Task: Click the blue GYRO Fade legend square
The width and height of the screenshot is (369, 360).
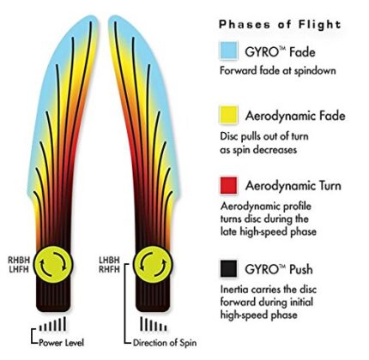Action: [228, 51]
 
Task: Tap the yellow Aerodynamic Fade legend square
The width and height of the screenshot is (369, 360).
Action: [228, 115]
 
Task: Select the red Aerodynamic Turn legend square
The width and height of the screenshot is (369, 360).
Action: [228, 185]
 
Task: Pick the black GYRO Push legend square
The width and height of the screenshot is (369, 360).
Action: [228, 268]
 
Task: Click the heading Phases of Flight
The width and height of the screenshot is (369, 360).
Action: [280, 25]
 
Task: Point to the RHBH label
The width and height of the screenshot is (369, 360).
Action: [19, 261]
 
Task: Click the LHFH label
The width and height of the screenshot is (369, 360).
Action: [19, 269]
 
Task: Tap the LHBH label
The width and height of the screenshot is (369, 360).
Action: [110, 261]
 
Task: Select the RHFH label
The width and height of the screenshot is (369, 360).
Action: [110, 269]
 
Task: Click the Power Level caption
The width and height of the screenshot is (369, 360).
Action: [61, 343]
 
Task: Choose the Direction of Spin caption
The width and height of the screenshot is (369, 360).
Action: [165, 343]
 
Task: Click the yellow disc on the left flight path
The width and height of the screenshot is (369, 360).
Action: [53, 265]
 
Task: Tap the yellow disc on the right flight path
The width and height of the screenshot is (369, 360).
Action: [153, 265]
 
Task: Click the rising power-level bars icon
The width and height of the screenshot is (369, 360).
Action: [52, 324]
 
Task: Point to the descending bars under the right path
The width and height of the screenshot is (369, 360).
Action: [154, 324]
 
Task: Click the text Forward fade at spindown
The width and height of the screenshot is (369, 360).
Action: [278, 70]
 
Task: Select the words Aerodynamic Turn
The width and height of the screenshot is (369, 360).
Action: [293, 186]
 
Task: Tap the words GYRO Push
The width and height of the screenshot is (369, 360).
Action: [279, 269]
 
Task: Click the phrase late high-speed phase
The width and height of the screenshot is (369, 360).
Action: [269, 231]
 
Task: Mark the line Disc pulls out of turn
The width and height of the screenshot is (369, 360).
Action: [264, 136]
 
